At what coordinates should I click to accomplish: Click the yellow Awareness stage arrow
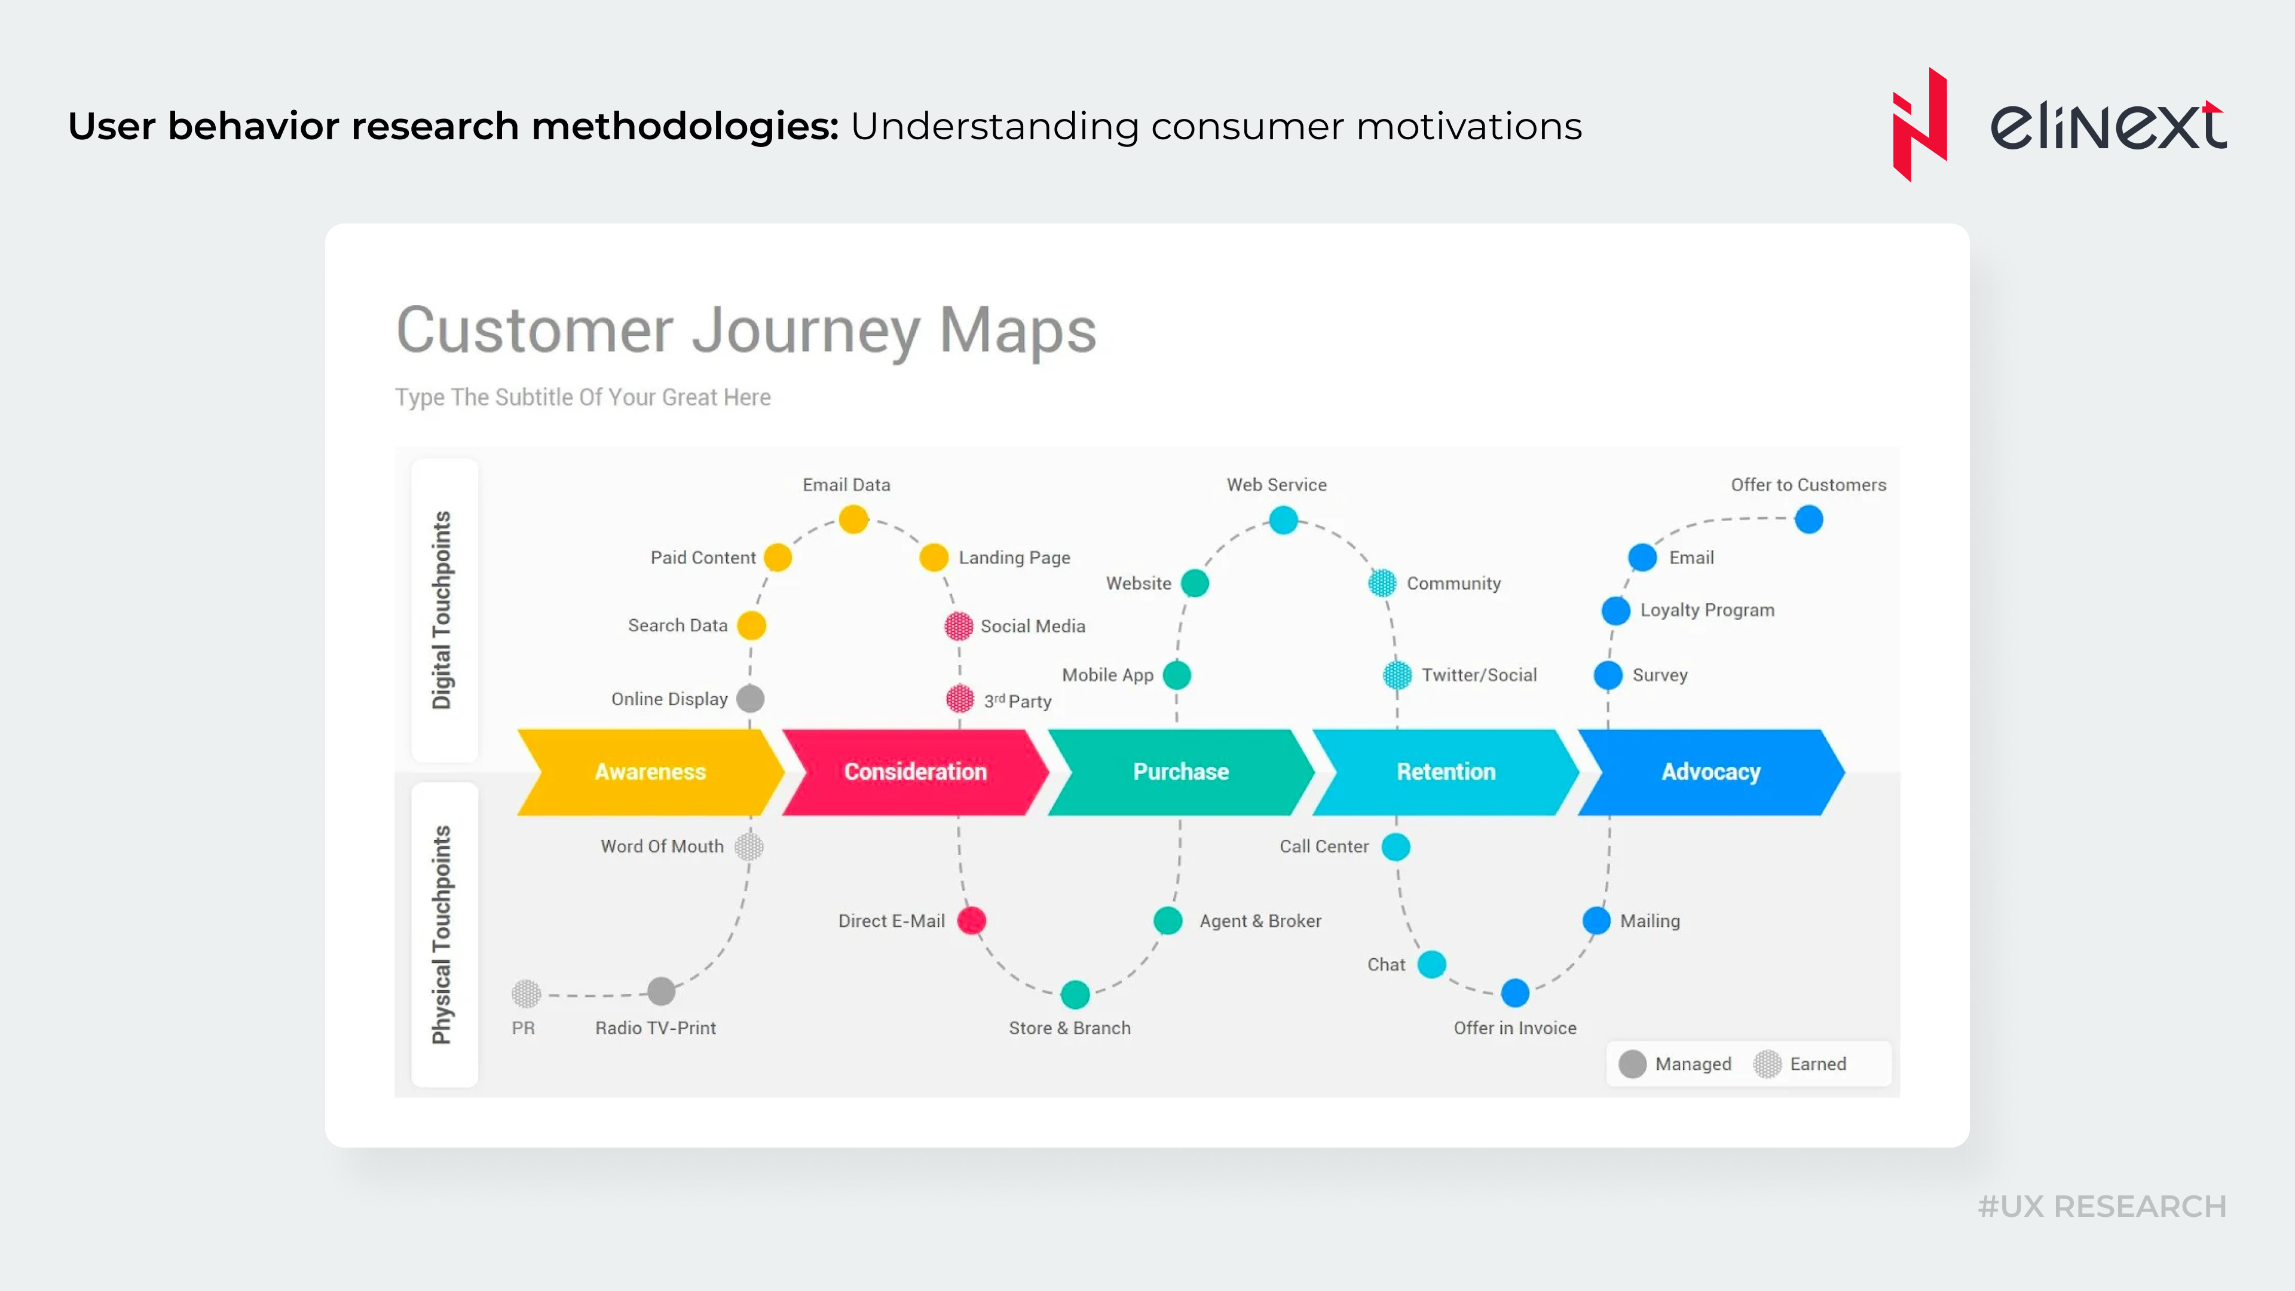click(x=650, y=772)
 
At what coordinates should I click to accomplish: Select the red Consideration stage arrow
click(x=915, y=772)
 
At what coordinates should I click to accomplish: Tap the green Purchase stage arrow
click(x=1180, y=772)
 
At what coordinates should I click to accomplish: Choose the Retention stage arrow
click(x=1445, y=772)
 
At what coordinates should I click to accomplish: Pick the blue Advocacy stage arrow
click(x=1710, y=772)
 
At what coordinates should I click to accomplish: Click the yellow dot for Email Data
click(x=853, y=519)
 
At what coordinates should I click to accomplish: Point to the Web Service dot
click(x=1283, y=519)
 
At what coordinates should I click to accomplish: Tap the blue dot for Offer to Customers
click(x=1809, y=519)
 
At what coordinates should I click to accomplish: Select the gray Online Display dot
click(x=750, y=699)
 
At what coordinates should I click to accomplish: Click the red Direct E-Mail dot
click(x=971, y=920)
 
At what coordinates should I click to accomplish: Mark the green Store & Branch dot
click(x=1075, y=993)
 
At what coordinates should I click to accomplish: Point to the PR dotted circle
click(x=526, y=993)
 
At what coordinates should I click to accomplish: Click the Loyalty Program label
click(x=1707, y=610)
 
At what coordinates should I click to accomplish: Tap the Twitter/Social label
click(x=1479, y=675)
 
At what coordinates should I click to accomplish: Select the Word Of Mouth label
click(x=662, y=846)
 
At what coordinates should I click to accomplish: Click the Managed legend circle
click(x=1632, y=1064)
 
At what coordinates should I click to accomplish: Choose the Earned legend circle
click(x=1767, y=1064)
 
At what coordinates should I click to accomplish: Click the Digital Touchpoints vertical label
click(x=442, y=610)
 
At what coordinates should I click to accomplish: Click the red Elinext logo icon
click(x=1919, y=125)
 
